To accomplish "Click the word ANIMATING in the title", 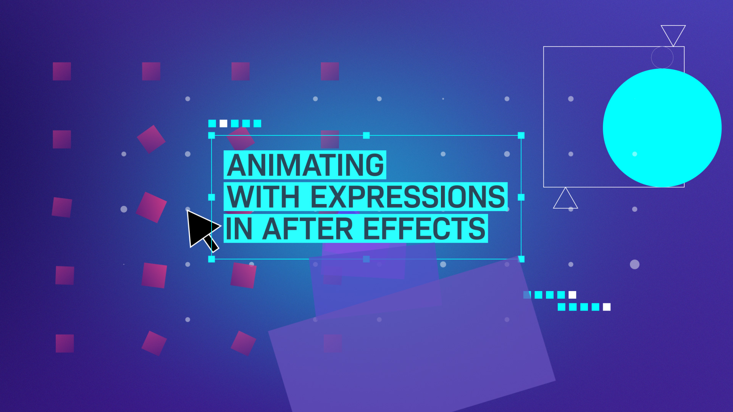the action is click(305, 165).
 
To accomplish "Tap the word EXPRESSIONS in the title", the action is click(408, 197).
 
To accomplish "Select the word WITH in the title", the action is click(263, 197).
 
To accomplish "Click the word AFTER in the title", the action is click(308, 229).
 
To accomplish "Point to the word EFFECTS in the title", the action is click(424, 229).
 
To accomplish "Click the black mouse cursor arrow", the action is click(202, 230).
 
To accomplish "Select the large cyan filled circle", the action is click(662, 128).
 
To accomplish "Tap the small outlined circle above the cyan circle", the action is click(662, 58).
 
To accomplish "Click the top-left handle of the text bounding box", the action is click(212, 135).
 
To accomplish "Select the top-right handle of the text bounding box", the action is click(521, 135).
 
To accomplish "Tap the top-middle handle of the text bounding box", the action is click(366, 135).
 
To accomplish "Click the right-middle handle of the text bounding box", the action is click(521, 197).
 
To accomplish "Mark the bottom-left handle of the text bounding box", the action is click(212, 259).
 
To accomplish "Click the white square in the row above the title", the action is click(223, 124).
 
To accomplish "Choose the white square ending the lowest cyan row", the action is click(607, 307).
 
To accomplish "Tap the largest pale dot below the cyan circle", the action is click(635, 264).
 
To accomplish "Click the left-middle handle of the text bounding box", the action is click(212, 197).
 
